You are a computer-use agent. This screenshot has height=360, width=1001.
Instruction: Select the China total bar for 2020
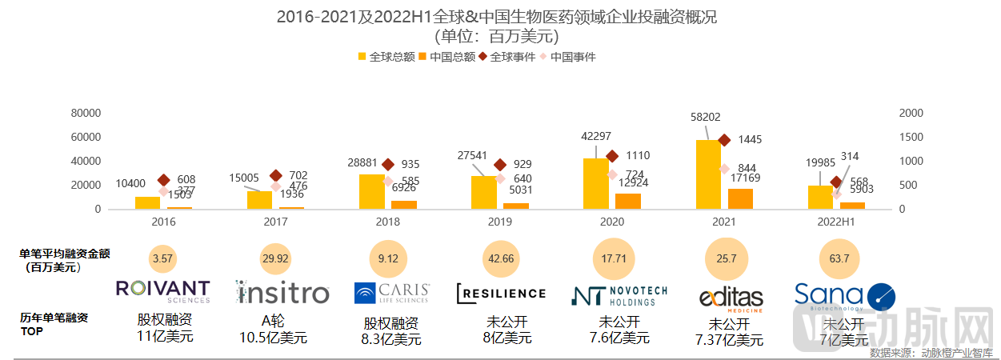(x=627, y=201)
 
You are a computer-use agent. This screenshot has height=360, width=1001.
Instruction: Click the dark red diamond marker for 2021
(x=724, y=140)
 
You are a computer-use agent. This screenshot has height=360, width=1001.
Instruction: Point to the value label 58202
(x=704, y=116)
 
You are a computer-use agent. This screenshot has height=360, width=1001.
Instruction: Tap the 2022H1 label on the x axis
(x=836, y=220)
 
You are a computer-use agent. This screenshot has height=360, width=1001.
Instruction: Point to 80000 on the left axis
(x=86, y=113)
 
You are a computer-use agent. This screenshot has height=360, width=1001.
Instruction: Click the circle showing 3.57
(x=163, y=258)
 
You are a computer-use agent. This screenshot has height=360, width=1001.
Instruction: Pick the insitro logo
(x=282, y=292)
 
